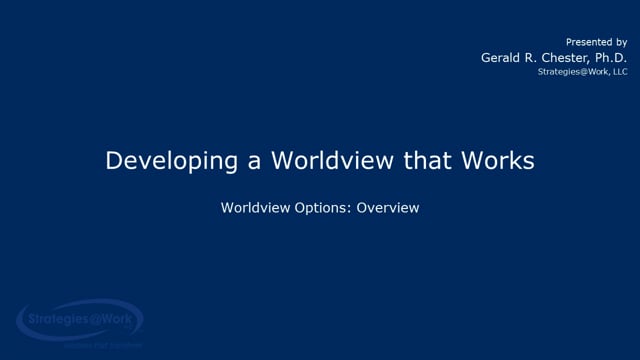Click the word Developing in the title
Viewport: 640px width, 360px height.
160,161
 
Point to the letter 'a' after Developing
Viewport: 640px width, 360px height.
227,163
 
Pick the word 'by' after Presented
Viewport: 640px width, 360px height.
621,43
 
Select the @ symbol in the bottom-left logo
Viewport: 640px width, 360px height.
95,322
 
